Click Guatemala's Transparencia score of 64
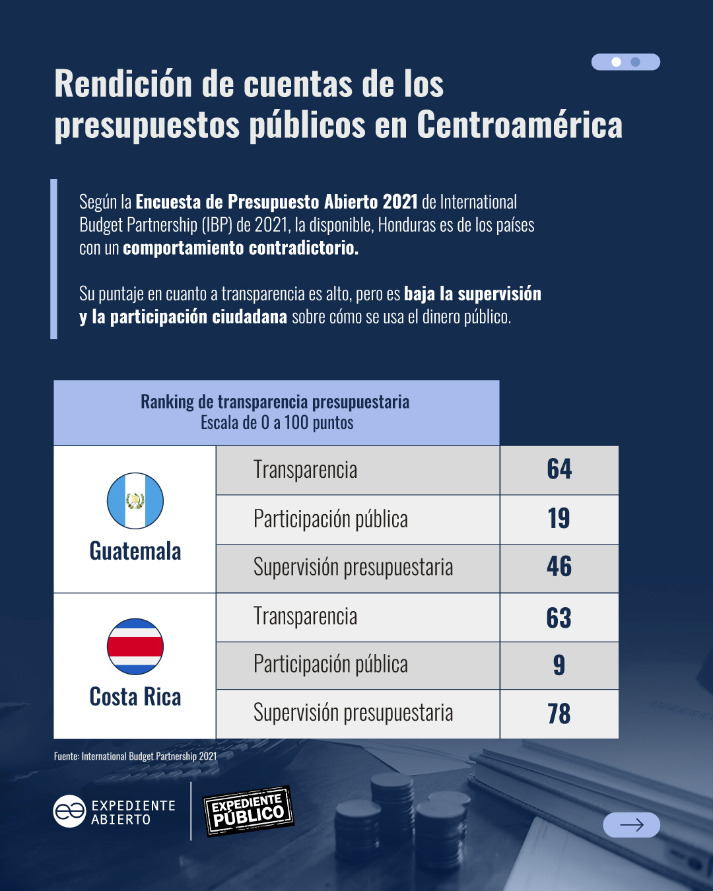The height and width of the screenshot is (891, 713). (x=559, y=469)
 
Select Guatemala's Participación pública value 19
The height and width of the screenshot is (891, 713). (x=559, y=519)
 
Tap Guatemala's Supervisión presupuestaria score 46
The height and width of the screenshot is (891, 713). (x=559, y=567)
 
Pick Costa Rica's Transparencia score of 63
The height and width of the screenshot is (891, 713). (x=559, y=618)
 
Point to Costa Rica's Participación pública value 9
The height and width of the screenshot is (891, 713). (x=559, y=665)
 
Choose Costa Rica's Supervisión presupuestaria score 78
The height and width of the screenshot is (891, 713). (x=559, y=713)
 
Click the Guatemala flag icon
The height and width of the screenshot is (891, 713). (x=135, y=501)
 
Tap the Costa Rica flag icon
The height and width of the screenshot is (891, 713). (x=135, y=647)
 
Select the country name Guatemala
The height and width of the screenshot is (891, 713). (x=135, y=551)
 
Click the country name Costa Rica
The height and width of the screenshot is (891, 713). (x=135, y=697)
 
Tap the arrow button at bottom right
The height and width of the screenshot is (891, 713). (x=631, y=825)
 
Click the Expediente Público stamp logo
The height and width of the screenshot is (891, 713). (x=249, y=811)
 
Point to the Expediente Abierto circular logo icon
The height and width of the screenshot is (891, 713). (x=69, y=811)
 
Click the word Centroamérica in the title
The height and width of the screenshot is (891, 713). (x=520, y=125)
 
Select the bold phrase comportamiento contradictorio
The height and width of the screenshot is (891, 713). (x=241, y=248)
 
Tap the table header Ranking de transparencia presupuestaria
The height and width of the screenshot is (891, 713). (x=275, y=402)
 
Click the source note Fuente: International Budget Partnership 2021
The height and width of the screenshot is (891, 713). (x=135, y=756)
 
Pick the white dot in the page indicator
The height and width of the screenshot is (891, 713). (x=617, y=62)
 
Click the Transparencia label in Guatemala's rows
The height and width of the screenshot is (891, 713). (x=305, y=470)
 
